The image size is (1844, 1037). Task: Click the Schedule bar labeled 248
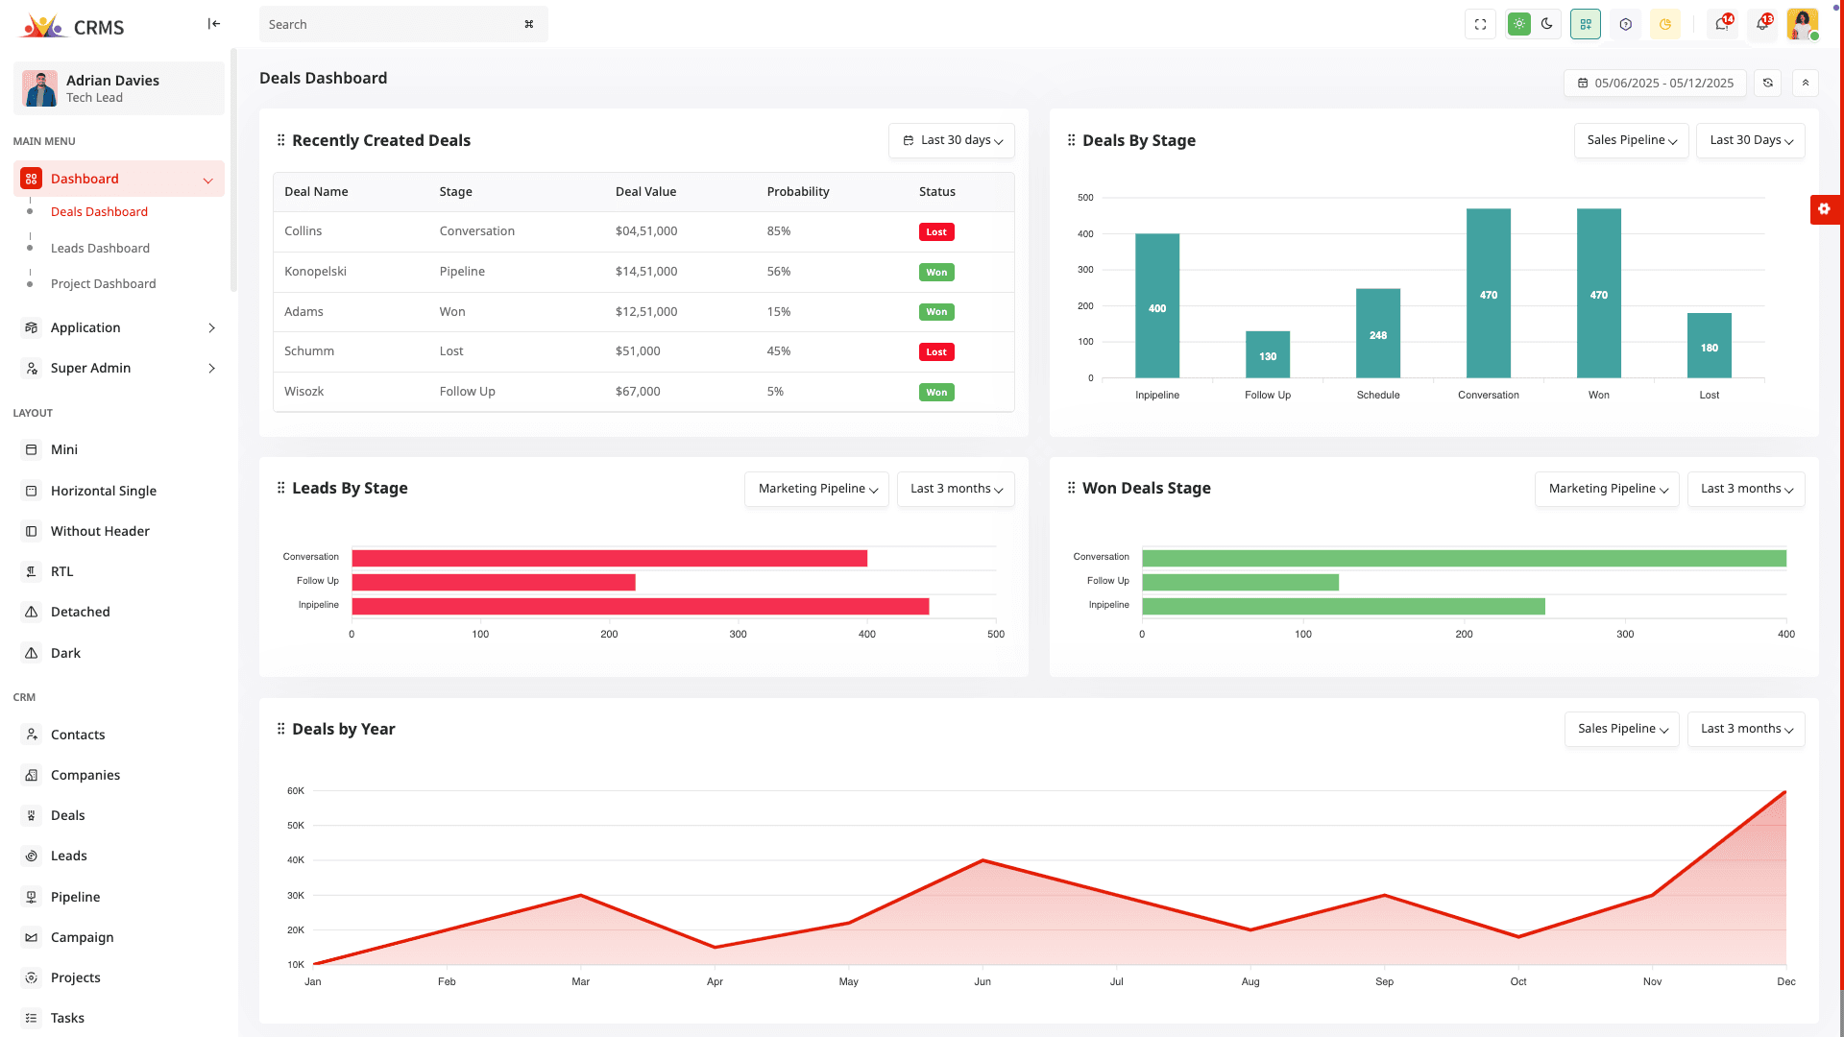tap(1377, 333)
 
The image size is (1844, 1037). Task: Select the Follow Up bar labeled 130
tap(1267, 354)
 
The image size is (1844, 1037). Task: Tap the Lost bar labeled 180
tap(1709, 346)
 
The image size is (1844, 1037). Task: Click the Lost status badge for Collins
tap(935, 231)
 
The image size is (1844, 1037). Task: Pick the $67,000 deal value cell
tap(638, 391)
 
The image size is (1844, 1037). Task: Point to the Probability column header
tap(797, 191)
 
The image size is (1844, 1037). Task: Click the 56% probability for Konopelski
tap(778, 271)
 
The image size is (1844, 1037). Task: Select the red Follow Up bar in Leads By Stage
tap(493, 582)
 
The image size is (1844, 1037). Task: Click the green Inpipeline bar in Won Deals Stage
tap(1342, 606)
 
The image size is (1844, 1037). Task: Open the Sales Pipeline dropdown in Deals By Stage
tap(1631, 140)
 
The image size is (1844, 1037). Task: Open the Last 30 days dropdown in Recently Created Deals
tap(951, 140)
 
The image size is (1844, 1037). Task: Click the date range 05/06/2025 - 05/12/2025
tap(1655, 83)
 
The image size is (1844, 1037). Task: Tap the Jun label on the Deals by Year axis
tap(982, 981)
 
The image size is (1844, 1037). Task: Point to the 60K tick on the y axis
tap(295, 791)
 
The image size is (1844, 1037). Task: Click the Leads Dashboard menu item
tap(100, 248)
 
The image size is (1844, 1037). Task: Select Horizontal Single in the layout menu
tap(103, 491)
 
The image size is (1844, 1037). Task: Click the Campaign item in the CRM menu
tap(82, 937)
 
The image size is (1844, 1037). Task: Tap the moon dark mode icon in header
tap(1546, 24)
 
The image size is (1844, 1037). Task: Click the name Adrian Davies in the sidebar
tap(112, 80)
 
